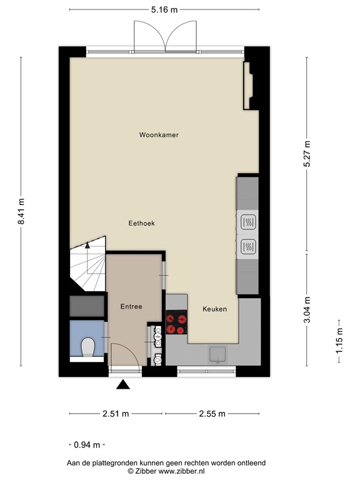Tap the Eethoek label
[x=141, y=223]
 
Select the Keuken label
[x=214, y=309]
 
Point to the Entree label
[x=131, y=306]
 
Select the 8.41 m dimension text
[x=21, y=212]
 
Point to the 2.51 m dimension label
[x=116, y=414]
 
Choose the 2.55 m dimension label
[x=212, y=414]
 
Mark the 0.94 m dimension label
[x=87, y=445]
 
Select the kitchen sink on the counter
[x=217, y=354]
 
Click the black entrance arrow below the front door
[x=123, y=386]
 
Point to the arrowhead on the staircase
[x=87, y=246]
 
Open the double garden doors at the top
[x=165, y=36]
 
